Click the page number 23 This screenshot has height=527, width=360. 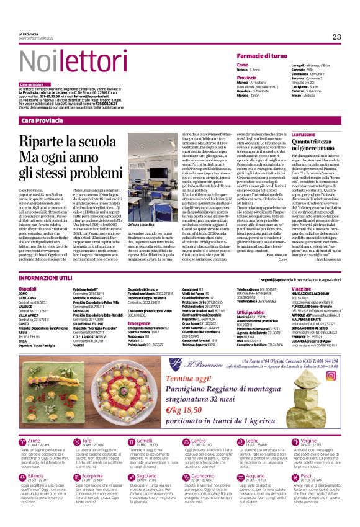pos(336,37)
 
